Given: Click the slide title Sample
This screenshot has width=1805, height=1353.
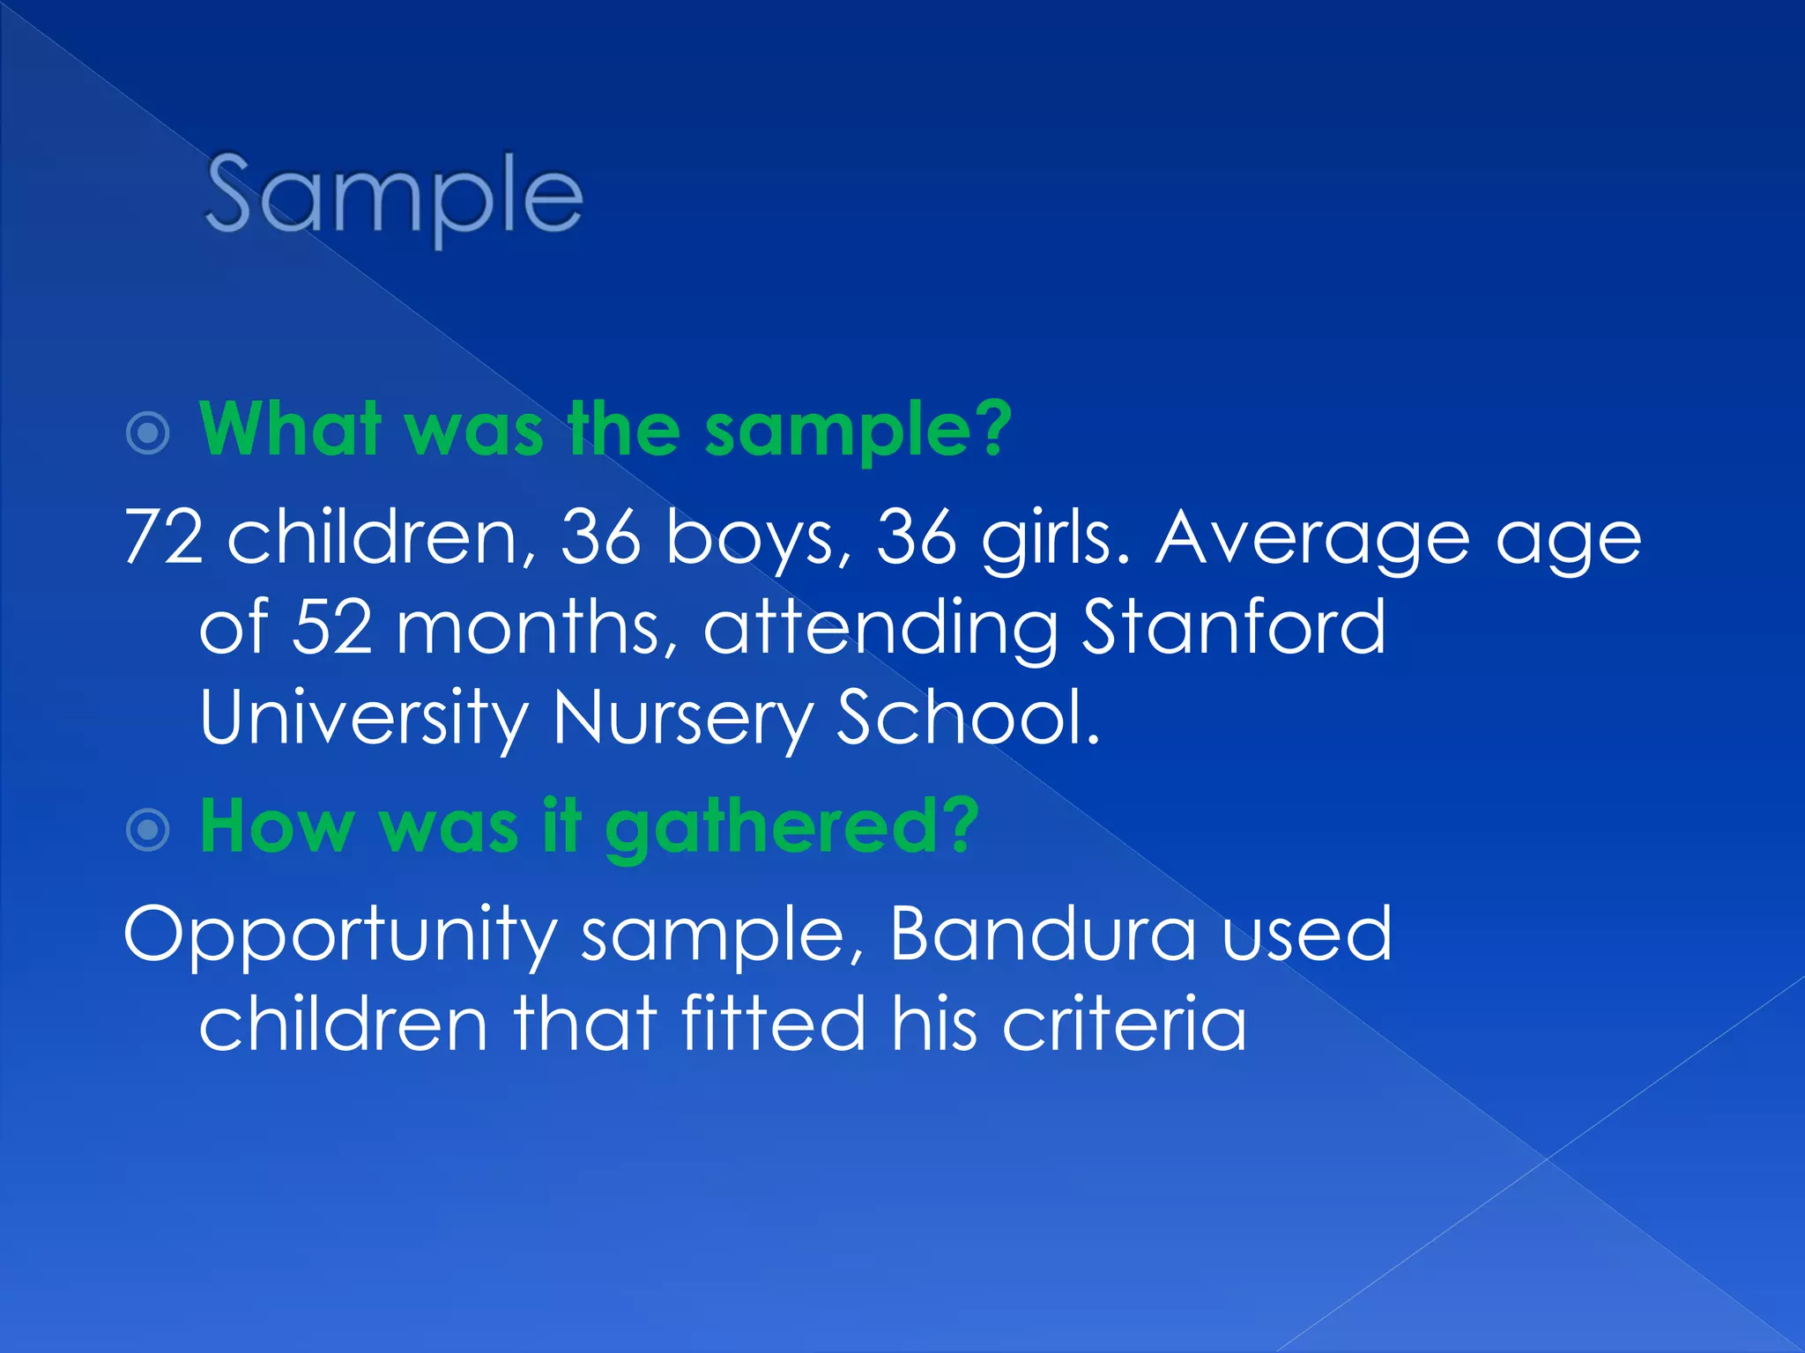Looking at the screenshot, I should click(393, 196).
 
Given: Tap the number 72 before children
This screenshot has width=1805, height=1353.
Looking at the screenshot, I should click(164, 537).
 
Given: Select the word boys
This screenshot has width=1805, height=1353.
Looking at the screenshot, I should click(749, 537).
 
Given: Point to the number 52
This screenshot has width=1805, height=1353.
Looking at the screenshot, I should click(332, 627).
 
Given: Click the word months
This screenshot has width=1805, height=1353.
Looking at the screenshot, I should click(527, 627).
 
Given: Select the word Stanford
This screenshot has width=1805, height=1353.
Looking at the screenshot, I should click(1234, 627).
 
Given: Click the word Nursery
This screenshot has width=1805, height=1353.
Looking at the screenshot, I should click(682, 719).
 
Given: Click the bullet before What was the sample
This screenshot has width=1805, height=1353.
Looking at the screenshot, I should click(148, 433).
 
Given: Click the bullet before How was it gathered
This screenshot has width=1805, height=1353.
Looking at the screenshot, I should click(148, 830).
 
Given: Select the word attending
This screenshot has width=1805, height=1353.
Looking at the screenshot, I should click(880, 629).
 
